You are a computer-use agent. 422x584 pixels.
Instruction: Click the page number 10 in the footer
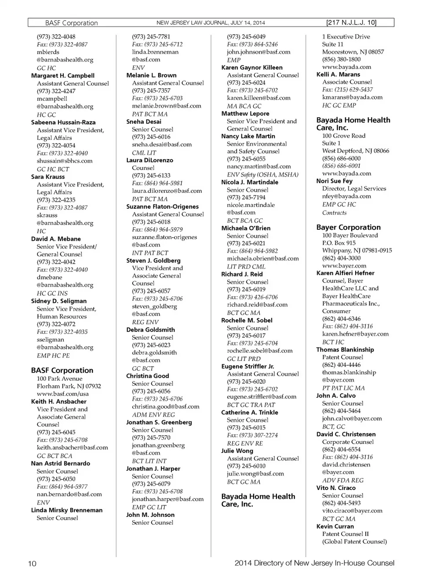[32, 563]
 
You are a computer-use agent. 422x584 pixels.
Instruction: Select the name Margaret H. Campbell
[62, 76]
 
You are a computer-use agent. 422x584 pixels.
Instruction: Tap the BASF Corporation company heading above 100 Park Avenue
[62, 370]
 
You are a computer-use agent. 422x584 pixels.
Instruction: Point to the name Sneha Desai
[144, 121]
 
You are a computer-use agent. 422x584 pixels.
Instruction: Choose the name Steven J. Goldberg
[153, 260]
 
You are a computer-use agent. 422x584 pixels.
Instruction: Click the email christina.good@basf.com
[165, 406]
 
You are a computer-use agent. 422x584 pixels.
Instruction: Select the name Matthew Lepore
[245, 113]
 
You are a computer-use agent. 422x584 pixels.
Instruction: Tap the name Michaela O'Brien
[246, 228]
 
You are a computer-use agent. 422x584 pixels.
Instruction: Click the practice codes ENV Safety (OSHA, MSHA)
[262, 174]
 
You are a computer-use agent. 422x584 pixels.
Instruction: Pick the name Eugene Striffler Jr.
[247, 366]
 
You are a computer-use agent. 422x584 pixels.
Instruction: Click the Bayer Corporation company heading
[348, 227]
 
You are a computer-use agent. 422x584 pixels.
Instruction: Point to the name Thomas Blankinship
[345, 349]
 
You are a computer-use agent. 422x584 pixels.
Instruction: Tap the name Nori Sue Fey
[334, 181]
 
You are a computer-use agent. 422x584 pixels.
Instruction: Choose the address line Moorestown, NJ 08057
[353, 51]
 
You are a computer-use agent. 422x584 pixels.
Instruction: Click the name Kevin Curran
[335, 526]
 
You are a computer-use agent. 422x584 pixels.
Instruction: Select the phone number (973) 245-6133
[151, 175]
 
